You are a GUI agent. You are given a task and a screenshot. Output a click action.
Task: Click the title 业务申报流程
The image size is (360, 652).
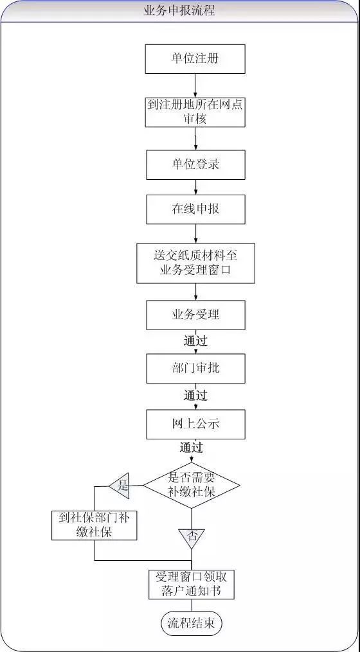pos(179,10)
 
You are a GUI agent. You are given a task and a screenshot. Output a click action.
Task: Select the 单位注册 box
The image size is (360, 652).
pos(195,58)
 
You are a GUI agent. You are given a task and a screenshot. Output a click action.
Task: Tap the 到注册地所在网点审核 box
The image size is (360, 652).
pos(195,112)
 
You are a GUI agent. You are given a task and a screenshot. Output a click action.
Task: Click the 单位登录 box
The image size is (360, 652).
pos(195,164)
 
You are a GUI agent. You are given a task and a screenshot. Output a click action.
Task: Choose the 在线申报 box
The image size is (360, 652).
pos(195,209)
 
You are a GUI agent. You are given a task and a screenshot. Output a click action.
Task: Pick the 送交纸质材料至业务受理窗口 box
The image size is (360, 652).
pos(195,263)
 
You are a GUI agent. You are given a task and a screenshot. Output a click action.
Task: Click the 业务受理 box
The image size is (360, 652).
pos(195,315)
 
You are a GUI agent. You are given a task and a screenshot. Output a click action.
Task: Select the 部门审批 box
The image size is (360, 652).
pos(195,369)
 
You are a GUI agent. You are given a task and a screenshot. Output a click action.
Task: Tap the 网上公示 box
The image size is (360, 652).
pos(195,424)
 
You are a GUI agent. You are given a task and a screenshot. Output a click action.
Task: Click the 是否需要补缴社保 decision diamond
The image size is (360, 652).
pos(192,485)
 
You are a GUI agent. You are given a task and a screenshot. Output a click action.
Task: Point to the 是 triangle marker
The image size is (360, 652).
pos(120,485)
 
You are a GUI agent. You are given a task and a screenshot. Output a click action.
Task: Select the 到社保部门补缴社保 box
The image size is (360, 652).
pos(94,525)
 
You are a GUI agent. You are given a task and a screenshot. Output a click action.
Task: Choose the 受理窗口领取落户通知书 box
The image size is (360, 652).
pos(192,584)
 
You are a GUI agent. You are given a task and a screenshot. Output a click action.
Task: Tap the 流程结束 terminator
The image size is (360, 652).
pos(192,623)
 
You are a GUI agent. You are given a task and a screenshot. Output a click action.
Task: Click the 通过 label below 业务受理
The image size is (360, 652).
pos(195,341)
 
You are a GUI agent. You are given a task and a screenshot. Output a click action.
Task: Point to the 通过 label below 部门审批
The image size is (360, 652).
pos(195,396)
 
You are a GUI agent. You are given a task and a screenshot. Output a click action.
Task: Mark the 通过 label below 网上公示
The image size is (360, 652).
pos(192,448)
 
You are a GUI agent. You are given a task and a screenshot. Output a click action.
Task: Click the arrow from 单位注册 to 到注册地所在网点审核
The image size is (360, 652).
pos(195,85)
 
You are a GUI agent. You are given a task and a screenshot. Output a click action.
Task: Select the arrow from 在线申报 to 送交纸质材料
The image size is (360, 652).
pos(195,234)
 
